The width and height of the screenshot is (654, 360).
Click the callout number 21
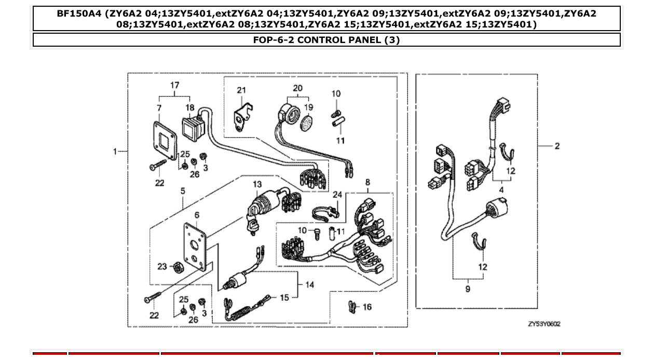tap(241, 90)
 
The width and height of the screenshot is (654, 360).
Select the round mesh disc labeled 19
tap(308, 124)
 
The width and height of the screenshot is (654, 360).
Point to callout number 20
tap(297, 88)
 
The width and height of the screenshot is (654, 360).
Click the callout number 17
tap(175, 85)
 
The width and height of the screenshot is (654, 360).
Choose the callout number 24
tap(337, 195)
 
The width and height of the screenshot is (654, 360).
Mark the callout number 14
tap(310, 284)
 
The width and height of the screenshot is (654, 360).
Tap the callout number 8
tap(367, 182)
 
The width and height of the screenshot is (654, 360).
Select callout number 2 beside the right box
tap(557, 146)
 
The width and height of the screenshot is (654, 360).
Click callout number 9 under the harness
tap(468, 288)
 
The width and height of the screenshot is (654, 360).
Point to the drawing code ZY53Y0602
tap(544, 324)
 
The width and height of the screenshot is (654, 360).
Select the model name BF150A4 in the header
tap(80, 13)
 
